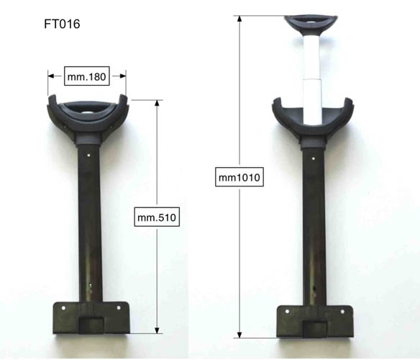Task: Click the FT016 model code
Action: point(62,24)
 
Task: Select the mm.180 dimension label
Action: point(87,76)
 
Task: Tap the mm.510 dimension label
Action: point(157,217)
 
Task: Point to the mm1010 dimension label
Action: point(239,177)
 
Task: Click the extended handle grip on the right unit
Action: point(311,24)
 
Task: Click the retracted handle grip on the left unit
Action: point(87,109)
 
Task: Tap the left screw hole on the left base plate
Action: point(63,308)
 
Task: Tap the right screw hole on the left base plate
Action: point(119,307)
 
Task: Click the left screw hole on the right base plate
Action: point(287,312)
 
